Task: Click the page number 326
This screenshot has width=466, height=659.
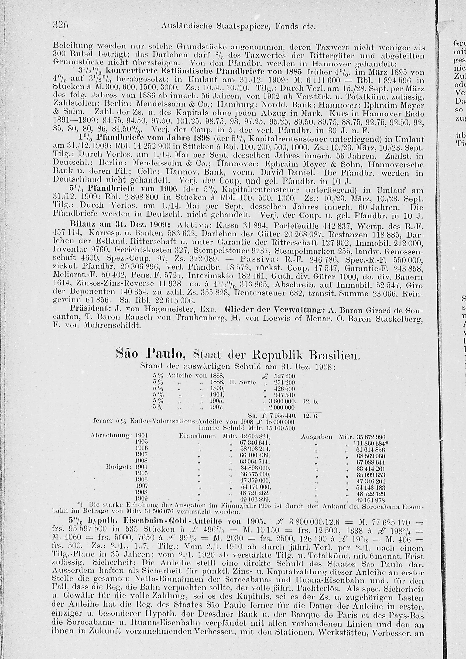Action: click(x=60, y=26)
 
